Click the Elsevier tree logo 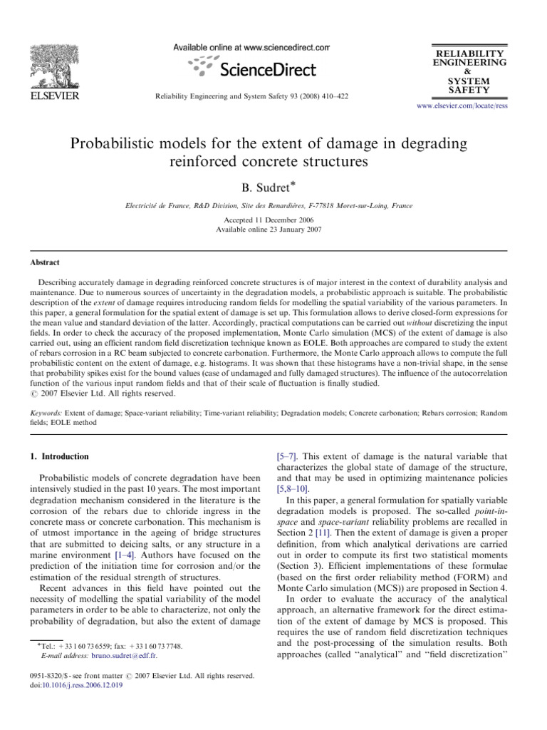pyautogui.click(x=51, y=66)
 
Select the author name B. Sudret pyautogui.click(x=271, y=188)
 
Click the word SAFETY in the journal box pyautogui.click(x=467, y=91)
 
